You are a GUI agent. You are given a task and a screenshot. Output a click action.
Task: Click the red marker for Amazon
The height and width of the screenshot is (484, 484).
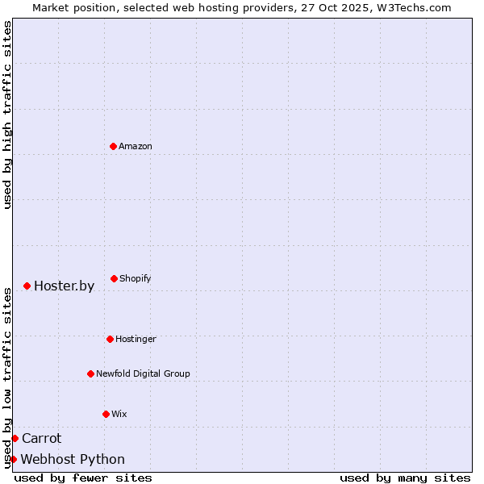pyautogui.click(x=113, y=146)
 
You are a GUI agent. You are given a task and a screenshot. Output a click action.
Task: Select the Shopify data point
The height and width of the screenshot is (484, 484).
pyautogui.click(x=114, y=278)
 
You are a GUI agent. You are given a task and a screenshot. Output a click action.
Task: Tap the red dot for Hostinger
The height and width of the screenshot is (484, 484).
pyautogui.click(x=110, y=339)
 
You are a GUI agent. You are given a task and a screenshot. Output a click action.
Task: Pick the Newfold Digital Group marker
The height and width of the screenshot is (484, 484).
pyautogui.click(x=90, y=373)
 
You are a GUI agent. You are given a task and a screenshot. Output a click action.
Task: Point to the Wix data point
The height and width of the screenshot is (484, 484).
pyautogui.click(x=106, y=414)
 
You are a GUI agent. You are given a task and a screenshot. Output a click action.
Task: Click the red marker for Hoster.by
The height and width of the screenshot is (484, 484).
pyautogui.click(x=27, y=286)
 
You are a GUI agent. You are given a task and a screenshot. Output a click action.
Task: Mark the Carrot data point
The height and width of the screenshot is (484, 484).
pyautogui.click(x=15, y=438)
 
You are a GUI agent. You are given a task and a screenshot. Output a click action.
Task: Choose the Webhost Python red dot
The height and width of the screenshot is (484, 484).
pyautogui.click(x=13, y=459)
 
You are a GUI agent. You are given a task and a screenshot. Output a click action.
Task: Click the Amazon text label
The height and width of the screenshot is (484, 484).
pyautogui.click(x=136, y=146)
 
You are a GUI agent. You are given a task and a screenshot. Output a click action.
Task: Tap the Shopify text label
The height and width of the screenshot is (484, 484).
pyautogui.click(x=136, y=278)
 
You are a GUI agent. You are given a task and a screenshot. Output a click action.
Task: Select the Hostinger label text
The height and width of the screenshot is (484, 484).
pyautogui.click(x=136, y=339)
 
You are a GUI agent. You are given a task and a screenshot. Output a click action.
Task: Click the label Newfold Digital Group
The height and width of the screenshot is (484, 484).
pyautogui.click(x=143, y=373)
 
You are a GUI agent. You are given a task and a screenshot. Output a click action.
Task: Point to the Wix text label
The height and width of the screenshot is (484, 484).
pyautogui.click(x=119, y=414)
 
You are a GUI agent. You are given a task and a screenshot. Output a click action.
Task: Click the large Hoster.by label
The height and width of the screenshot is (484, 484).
pyautogui.click(x=64, y=286)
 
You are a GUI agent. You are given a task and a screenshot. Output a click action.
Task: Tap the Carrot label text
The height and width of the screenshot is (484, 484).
pyautogui.click(x=41, y=438)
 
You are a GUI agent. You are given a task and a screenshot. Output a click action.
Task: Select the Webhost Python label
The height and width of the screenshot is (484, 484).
pyautogui.click(x=73, y=459)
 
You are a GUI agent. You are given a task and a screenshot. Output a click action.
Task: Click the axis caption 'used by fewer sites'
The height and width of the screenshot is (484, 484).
pyautogui.click(x=83, y=478)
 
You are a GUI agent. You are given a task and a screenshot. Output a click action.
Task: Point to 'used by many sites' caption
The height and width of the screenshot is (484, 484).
pyautogui.click(x=405, y=478)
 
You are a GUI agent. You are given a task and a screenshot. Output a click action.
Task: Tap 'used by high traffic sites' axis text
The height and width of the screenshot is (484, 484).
pyautogui.click(x=7, y=115)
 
